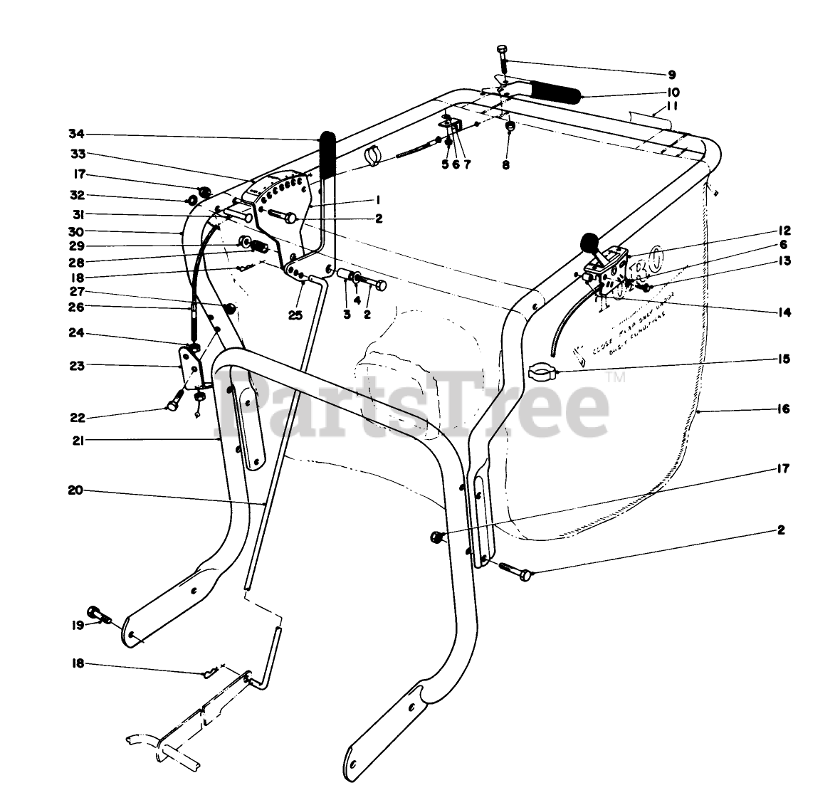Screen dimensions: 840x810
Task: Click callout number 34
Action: coord(77,134)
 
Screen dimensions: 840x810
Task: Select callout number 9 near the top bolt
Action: coord(671,74)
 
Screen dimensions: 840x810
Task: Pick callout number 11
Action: coord(671,107)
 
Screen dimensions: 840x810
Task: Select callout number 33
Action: coord(77,154)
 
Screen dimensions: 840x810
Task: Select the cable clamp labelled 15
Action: coord(542,371)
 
